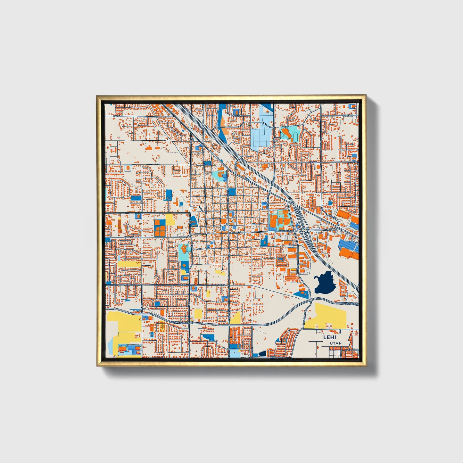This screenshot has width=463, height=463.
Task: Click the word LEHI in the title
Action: point(328,337)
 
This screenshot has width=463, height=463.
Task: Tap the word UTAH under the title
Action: point(335,343)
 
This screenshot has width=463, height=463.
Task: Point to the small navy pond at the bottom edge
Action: point(262,354)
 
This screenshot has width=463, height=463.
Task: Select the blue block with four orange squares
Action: point(160,227)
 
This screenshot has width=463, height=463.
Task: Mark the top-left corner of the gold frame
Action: point(97,95)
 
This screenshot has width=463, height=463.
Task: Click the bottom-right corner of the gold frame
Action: point(366,366)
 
